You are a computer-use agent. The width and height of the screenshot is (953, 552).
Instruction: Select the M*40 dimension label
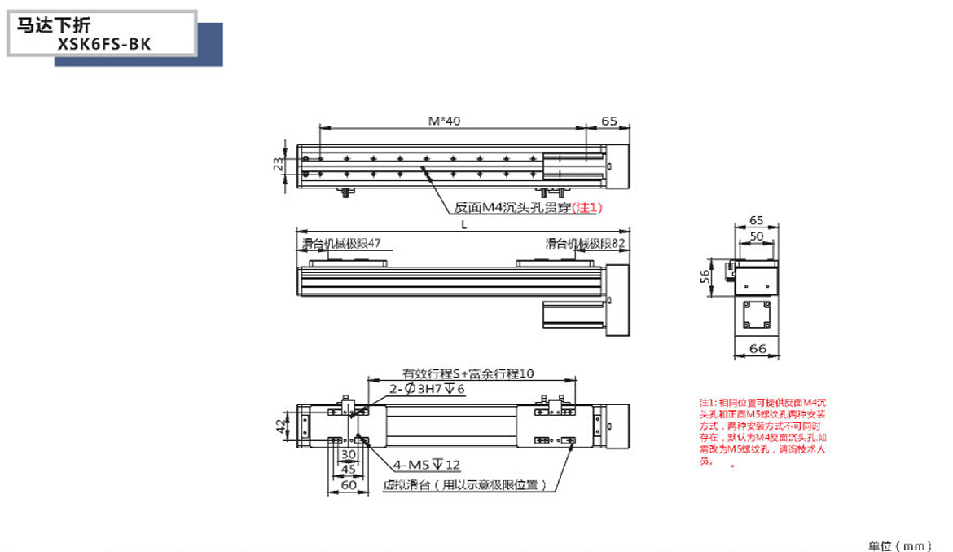pyautogui.click(x=445, y=121)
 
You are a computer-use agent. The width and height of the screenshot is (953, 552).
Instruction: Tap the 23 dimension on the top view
pyautogui.click(x=279, y=164)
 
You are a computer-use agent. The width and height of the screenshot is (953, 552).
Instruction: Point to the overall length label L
pyautogui.click(x=463, y=226)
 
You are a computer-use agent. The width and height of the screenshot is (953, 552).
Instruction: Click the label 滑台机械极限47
pyautogui.click(x=341, y=243)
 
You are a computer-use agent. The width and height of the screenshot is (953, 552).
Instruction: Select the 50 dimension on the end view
pyautogui.click(x=757, y=236)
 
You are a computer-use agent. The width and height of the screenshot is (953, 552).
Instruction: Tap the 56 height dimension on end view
pyautogui.click(x=705, y=276)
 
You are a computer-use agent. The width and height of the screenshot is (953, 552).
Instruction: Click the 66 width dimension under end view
pyautogui.click(x=757, y=350)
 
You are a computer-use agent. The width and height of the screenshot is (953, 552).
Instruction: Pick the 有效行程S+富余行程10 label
pyautogui.click(x=468, y=374)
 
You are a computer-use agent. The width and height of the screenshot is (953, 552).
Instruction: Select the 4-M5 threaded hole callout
pyautogui.click(x=426, y=465)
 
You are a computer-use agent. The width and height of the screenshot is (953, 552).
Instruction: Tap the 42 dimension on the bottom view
pyautogui.click(x=280, y=426)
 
